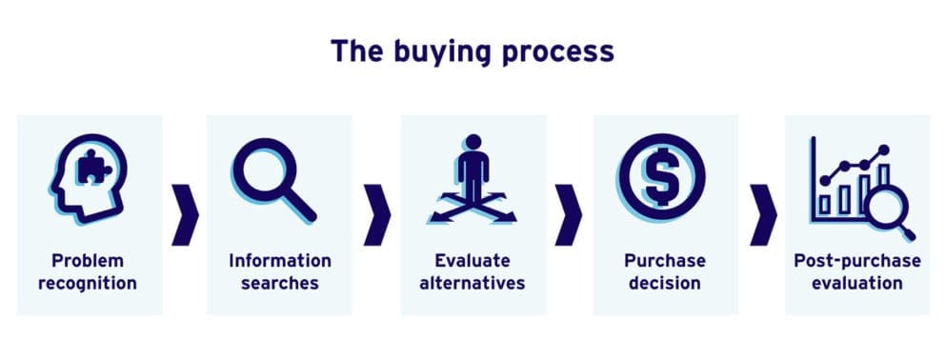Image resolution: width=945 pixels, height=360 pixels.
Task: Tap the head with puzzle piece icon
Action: [88, 178]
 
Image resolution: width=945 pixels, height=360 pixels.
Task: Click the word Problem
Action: [89, 260]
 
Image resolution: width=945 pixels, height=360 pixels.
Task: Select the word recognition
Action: [89, 283]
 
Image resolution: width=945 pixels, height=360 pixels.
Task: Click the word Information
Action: [280, 260]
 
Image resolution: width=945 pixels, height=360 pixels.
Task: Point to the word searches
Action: [280, 283]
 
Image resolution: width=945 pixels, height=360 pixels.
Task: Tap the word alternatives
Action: [472, 283]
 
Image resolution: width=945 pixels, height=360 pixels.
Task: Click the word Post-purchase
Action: [856, 260]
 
